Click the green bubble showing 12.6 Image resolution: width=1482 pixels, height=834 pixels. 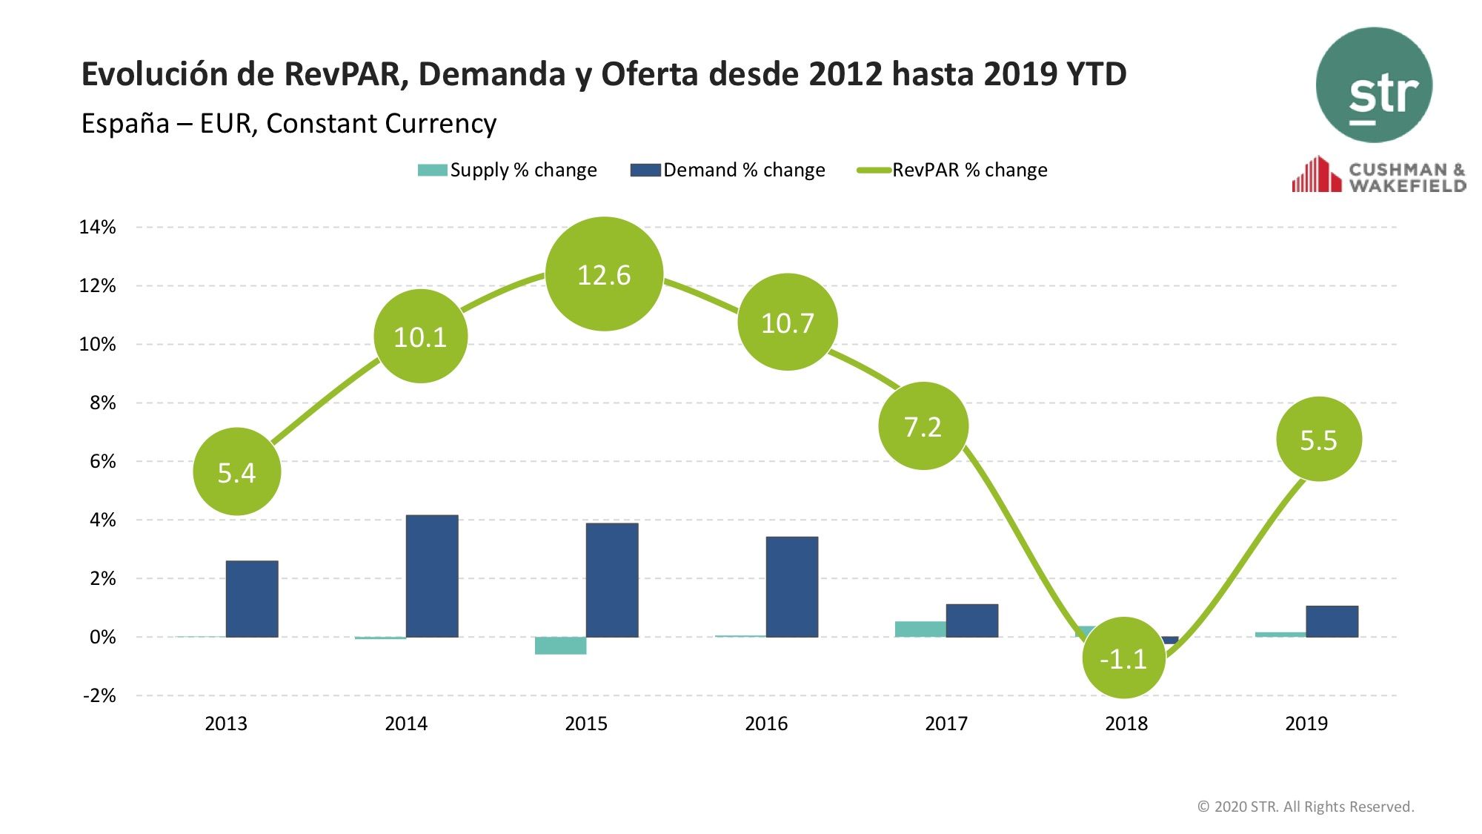click(x=604, y=274)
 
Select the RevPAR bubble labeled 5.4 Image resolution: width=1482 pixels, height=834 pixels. click(x=237, y=471)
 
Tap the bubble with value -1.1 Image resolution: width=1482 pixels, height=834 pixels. click(x=1123, y=658)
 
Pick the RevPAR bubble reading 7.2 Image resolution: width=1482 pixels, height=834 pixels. click(x=923, y=426)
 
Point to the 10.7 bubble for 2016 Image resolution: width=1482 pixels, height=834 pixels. click(x=788, y=322)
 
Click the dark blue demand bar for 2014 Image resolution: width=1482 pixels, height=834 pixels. click(x=432, y=576)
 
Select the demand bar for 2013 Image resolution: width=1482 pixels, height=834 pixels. click(x=252, y=599)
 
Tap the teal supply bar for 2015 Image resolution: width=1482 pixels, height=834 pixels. click(x=560, y=646)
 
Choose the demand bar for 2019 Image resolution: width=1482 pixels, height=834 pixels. click(x=1332, y=621)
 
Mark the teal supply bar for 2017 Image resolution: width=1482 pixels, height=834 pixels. click(x=920, y=629)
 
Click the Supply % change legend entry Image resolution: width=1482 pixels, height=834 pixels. click(x=508, y=170)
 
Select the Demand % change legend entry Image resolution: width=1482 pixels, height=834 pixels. click(x=728, y=170)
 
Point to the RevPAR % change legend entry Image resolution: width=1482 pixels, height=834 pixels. click(x=952, y=170)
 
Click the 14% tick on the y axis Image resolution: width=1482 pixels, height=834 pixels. click(x=98, y=227)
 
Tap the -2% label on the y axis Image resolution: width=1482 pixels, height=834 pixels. click(x=99, y=695)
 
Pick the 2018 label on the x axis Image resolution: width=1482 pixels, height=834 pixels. click(x=1126, y=724)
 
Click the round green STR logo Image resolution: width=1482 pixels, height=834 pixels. click(x=1374, y=85)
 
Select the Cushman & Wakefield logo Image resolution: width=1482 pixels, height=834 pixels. click(x=1379, y=175)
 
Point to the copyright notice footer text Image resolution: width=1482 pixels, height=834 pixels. click(x=1306, y=807)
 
